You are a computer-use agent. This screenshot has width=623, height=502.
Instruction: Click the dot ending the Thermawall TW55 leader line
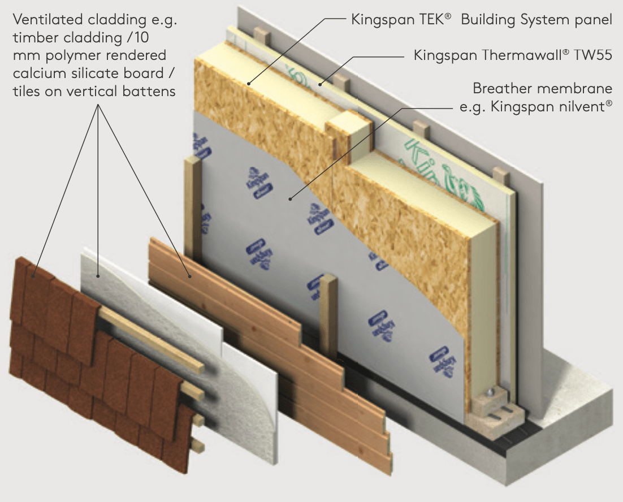pyautogui.click(x=319, y=85)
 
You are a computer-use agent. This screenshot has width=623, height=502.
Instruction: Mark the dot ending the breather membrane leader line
pyautogui.click(x=290, y=198)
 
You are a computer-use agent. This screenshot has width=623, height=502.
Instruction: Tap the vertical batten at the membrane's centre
pyautogui.click(x=328, y=317)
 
